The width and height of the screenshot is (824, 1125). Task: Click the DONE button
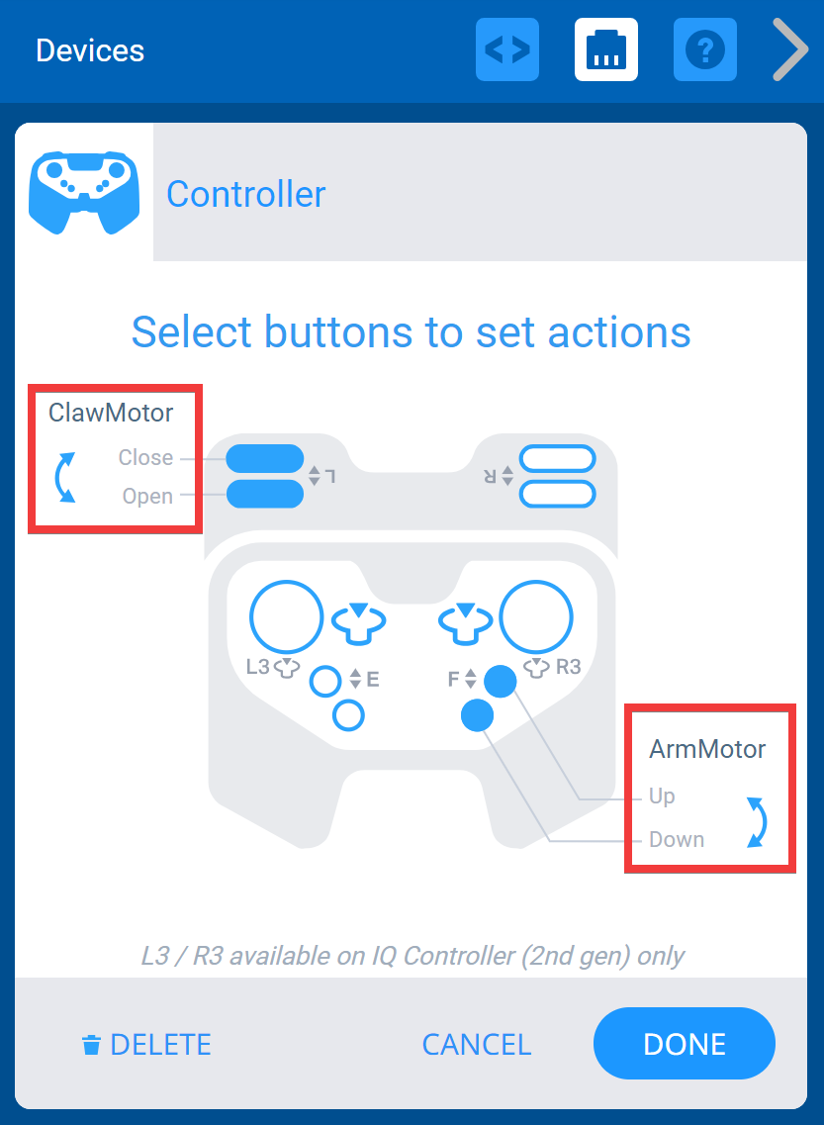(x=684, y=1044)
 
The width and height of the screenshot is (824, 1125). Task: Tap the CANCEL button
(x=476, y=1044)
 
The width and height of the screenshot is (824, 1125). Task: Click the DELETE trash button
(x=146, y=1044)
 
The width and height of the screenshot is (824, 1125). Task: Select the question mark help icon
(x=705, y=49)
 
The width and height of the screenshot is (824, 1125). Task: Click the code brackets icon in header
(x=507, y=49)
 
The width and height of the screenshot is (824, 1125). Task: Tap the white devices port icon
(x=606, y=49)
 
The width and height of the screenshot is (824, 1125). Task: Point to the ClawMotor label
(x=111, y=413)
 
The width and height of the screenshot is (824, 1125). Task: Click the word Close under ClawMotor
(x=145, y=458)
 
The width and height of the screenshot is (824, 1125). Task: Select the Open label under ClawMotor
(x=147, y=497)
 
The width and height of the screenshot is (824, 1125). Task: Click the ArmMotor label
(x=707, y=749)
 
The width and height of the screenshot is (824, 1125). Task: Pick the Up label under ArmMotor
(x=662, y=797)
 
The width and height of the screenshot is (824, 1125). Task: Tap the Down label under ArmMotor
(x=677, y=840)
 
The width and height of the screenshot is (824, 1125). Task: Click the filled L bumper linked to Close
(x=265, y=459)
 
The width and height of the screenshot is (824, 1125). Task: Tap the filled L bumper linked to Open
(x=265, y=494)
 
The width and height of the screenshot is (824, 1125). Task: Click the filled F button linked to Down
(x=478, y=714)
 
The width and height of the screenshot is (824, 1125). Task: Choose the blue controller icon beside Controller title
(x=84, y=193)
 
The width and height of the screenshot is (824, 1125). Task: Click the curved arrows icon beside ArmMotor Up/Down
(x=756, y=821)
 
